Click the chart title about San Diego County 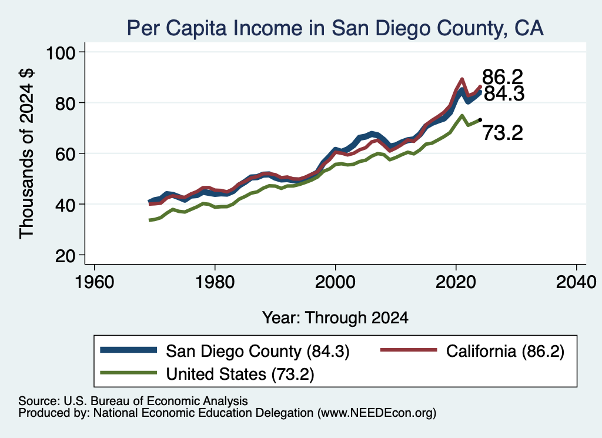coord(335,28)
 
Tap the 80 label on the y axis coord(65,103)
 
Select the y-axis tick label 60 coord(65,154)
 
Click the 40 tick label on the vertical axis coord(65,205)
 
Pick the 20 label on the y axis coord(65,256)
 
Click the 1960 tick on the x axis coord(95,283)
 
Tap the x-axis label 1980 coord(215,283)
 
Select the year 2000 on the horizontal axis coord(336,283)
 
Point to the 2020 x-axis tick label coord(456,283)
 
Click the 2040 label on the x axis coord(576,283)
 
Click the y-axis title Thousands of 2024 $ coord(27,153)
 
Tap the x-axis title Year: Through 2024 coord(335,318)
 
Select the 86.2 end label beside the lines coord(503,77)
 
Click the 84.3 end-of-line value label coord(504,94)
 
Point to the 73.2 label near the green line coord(503,133)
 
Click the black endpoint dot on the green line coord(480,120)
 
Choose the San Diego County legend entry coord(225,351)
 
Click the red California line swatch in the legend coord(409,350)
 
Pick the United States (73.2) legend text coord(240,375)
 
